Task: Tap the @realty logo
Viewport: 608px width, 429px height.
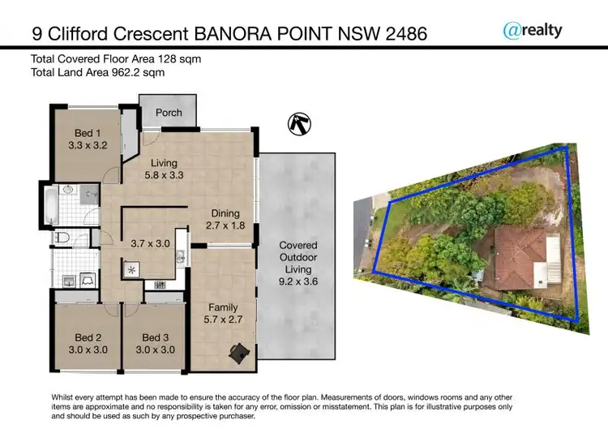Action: pyautogui.click(x=533, y=30)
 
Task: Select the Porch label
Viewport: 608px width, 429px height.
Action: pyautogui.click(x=169, y=113)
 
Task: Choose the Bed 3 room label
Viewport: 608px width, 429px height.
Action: pyautogui.click(x=155, y=337)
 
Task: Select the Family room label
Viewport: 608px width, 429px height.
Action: pyautogui.click(x=223, y=307)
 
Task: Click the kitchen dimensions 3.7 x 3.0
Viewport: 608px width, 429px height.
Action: pyautogui.click(x=149, y=242)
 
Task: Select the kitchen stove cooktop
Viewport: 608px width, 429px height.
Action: pyautogui.click(x=131, y=268)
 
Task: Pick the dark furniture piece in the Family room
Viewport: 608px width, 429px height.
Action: pyautogui.click(x=238, y=351)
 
